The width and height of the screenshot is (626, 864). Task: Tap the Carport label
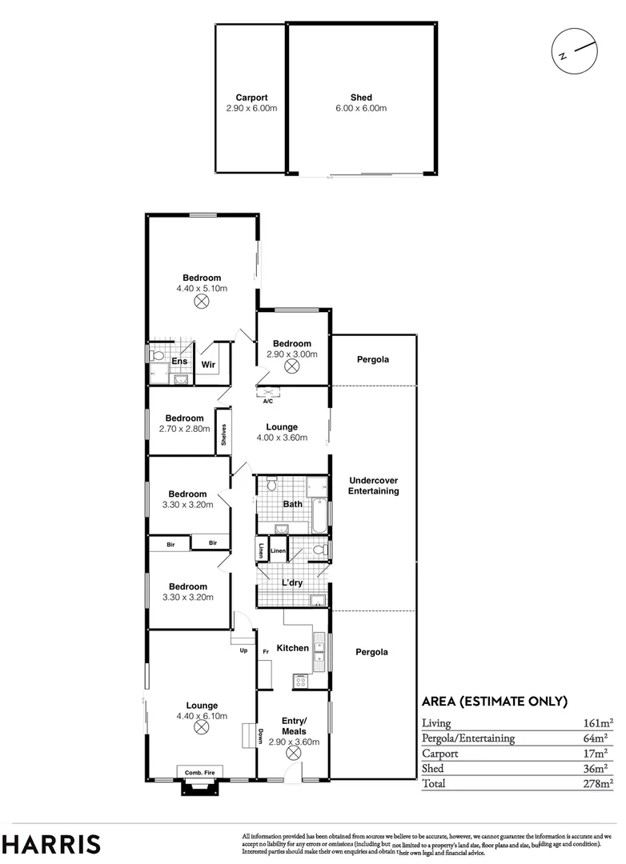(251, 98)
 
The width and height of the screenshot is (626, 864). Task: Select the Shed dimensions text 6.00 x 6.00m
(361, 108)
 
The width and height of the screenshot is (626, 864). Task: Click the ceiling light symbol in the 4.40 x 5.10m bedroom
(202, 302)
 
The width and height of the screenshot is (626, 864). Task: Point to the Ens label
(179, 362)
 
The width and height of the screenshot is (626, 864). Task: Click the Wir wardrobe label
(208, 365)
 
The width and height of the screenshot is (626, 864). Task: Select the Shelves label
(225, 434)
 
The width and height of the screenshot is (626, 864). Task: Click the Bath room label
(293, 504)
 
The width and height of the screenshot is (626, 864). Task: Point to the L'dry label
(292, 583)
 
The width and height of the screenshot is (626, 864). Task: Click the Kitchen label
(292, 647)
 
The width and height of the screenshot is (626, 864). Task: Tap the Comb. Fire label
(200, 772)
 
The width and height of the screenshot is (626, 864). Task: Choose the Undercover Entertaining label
(373, 486)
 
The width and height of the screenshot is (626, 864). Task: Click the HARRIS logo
(51, 843)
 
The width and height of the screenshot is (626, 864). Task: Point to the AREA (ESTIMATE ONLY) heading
(495, 702)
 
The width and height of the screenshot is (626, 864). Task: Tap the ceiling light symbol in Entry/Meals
(294, 754)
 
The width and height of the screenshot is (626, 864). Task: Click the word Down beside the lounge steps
(262, 735)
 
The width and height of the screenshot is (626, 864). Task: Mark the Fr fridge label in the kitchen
(265, 652)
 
